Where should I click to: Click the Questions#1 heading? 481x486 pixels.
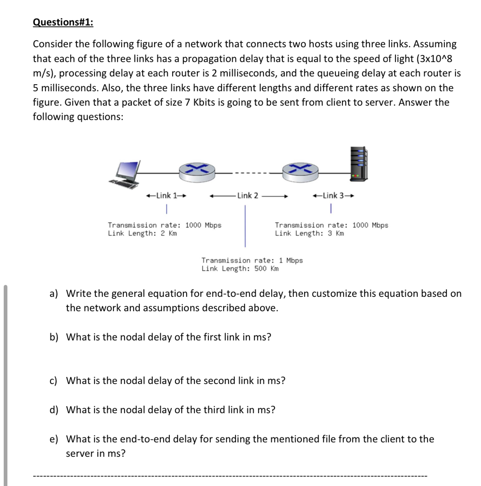63,22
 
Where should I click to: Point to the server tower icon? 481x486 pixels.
358,164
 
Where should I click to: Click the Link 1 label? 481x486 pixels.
166,196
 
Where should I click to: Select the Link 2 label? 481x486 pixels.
247,196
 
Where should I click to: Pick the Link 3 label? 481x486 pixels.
333,196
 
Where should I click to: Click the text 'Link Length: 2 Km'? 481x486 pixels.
142,234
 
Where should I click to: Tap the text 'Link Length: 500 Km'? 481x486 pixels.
240,269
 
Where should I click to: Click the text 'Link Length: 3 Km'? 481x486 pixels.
309,234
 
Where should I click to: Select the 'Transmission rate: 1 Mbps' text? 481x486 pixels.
252,261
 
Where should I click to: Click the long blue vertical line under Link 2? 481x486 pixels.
245,226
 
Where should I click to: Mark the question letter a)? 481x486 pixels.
53,294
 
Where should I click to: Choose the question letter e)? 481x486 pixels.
53,439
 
